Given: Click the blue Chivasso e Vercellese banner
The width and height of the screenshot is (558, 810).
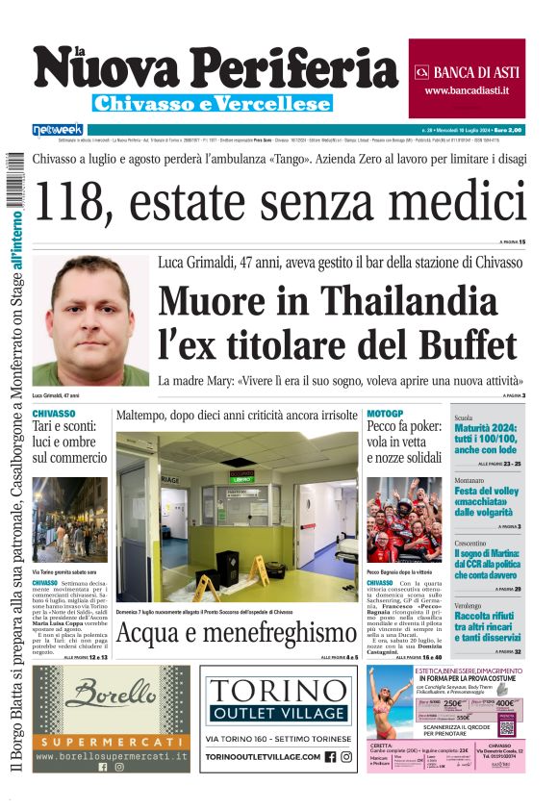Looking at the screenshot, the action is coord(212,103).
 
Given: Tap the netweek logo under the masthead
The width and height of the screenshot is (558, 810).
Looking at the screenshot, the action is coord(58,129).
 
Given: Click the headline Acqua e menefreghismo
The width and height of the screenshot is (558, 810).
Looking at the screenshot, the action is coord(237,633).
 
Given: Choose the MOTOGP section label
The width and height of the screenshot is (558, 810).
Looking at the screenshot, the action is coord(385,413).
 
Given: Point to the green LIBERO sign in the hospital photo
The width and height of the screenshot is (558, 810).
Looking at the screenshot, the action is coord(241,477).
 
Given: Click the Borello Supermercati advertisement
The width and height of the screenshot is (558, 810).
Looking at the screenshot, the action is coord(111,718).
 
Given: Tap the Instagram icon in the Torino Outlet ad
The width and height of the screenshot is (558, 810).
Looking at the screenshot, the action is coord(346,756).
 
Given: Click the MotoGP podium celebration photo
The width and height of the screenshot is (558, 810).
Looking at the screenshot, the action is coord(404,519).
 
